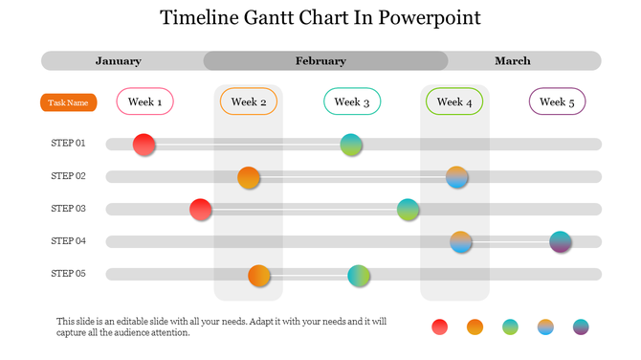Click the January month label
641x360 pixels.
119,61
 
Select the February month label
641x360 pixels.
320,61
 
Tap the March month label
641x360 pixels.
513,61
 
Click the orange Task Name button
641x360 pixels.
69,102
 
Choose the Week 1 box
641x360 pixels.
144,101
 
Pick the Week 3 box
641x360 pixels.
352,101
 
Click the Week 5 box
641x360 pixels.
557,101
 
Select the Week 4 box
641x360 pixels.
454,101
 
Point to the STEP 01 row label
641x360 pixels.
69,144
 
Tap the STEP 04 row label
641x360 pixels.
69,241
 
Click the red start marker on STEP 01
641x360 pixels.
144,145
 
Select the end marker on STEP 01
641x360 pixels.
352,145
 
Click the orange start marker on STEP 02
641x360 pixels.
249,177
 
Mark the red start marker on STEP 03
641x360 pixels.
201,210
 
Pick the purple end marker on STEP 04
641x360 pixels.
561,242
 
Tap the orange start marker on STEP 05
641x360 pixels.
259,276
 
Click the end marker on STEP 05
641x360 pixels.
359,276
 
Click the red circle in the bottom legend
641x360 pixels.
440,326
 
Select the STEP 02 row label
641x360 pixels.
69,176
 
